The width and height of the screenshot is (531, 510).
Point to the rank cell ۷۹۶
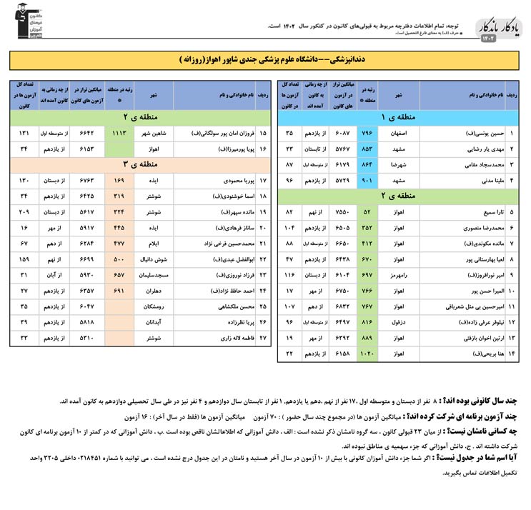coord(368,133)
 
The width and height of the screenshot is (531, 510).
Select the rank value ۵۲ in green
coord(368,212)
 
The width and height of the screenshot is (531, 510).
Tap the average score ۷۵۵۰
coord(342,212)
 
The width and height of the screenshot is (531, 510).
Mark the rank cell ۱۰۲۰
coord(368,354)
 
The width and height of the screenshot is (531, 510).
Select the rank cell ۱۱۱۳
coord(119,133)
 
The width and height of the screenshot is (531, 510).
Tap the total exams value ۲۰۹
coord(24,212)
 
